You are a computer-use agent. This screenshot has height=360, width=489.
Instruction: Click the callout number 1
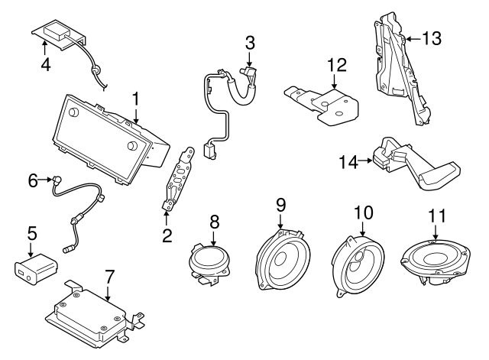(x=135, y=99)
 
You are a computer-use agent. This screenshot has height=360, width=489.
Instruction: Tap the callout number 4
(x=46, y=64)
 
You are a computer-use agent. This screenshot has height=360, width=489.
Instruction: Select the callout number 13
(x=432, y=37)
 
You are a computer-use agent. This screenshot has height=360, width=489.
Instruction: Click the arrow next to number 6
(x=48, y=180)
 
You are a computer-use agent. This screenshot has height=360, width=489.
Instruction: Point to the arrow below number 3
(x=250, y=60)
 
